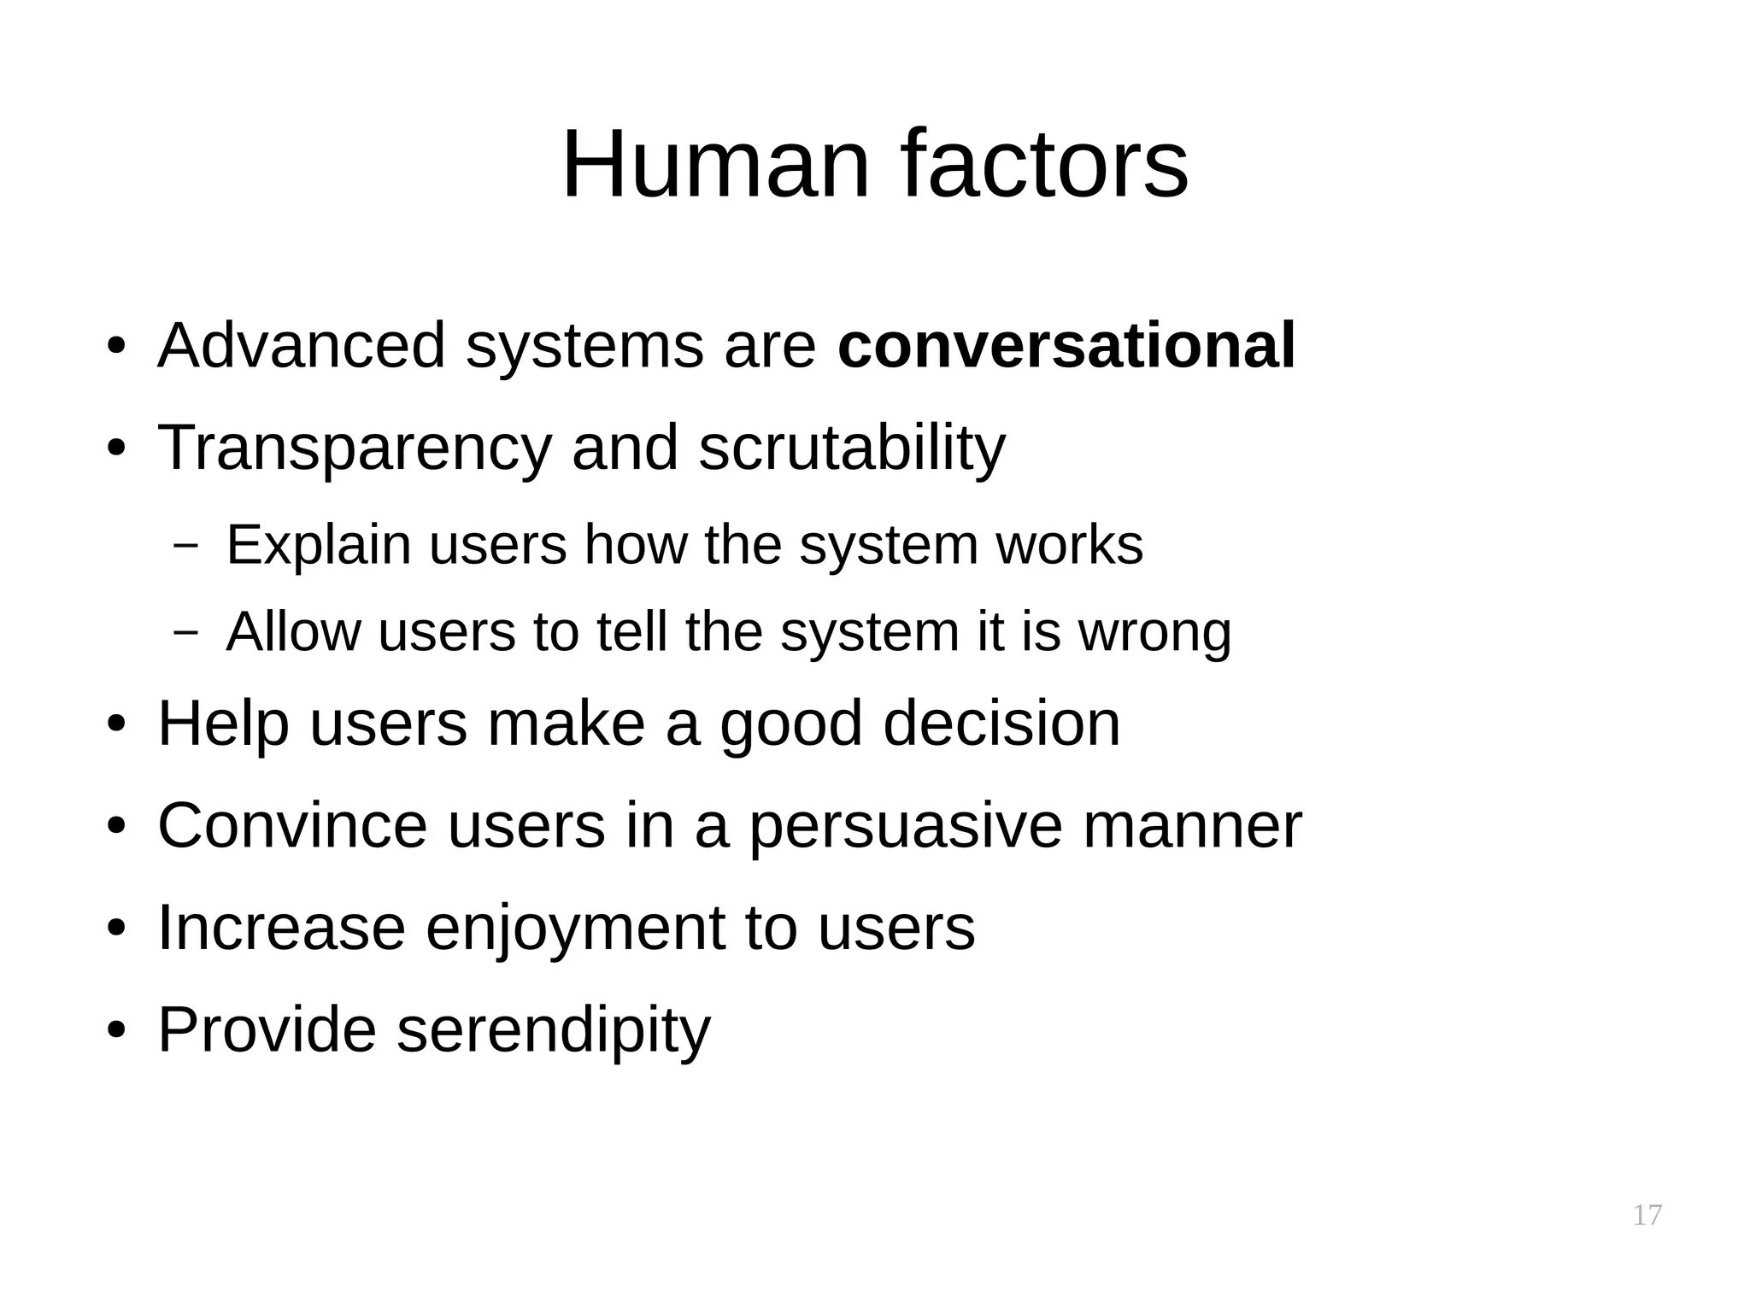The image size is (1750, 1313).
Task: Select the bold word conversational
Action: [1066, 346]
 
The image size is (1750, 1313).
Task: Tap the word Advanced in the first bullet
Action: [302, 346]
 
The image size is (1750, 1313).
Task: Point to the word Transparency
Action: [355, 449]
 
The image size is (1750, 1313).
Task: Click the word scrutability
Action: [852, 449]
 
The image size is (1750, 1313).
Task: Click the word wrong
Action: [1154, 633]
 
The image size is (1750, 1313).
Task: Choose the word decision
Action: [1001, 724]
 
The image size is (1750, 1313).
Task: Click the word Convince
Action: [293, 826]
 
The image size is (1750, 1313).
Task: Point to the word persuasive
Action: [906, 828]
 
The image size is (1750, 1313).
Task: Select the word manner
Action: [1192, 826]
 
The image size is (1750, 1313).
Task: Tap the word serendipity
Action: [554, 1031]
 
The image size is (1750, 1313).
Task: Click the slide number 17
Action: [1647, 1215]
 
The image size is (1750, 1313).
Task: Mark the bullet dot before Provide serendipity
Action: [117, 1030]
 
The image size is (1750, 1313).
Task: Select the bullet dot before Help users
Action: [117, 724]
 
